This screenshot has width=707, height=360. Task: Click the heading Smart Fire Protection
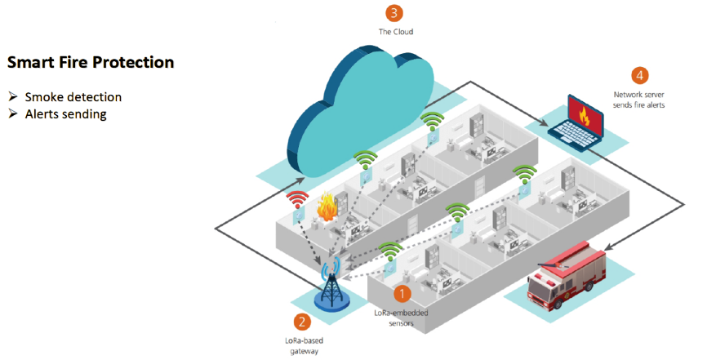[90, 62]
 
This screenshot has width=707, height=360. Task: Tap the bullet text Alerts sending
[65, 114]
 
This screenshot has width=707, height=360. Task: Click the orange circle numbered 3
[394, 13]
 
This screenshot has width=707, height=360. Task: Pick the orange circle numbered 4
[640, 75]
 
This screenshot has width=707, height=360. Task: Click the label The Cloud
[394, 33]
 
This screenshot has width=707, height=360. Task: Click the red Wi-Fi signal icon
[296, 198]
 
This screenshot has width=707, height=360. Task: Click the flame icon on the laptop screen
[582, 115]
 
